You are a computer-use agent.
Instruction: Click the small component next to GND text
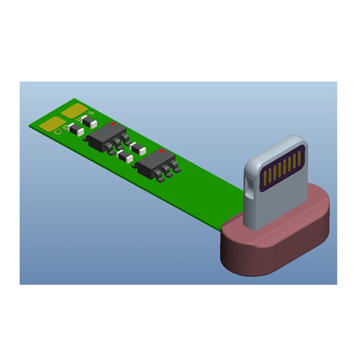(x=75, y=130)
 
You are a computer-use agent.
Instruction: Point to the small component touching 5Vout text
(x=89, y=121)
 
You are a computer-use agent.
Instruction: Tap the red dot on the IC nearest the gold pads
(x=112, y=124)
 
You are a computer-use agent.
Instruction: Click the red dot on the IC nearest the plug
(x=162, y=151)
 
